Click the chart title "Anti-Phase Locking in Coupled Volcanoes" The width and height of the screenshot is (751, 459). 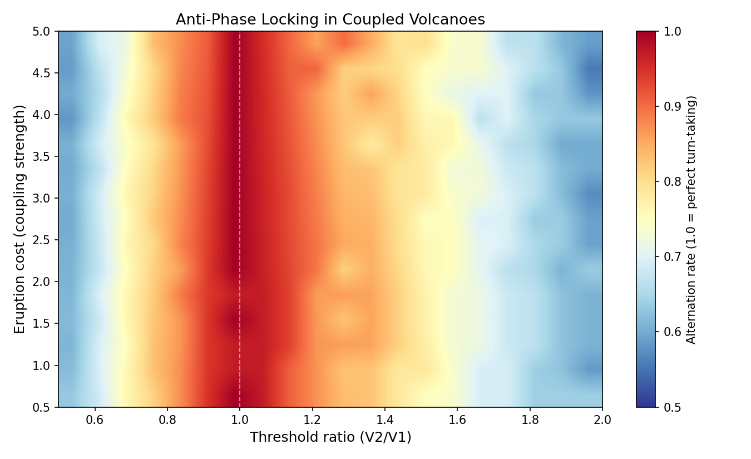point(330,20)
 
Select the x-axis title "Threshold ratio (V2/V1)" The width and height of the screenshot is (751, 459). point(330,437)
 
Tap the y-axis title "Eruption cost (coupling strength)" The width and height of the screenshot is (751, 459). point(20,219)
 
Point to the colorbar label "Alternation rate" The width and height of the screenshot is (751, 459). point(691,219)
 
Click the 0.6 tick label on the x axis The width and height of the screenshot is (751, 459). point(95,420)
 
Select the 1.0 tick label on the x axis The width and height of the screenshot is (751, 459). point(240,420)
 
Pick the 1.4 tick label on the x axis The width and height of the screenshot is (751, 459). point(385,420)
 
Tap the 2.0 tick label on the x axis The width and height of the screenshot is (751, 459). point(602,420)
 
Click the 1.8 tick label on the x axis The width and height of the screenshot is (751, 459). point(530,420)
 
